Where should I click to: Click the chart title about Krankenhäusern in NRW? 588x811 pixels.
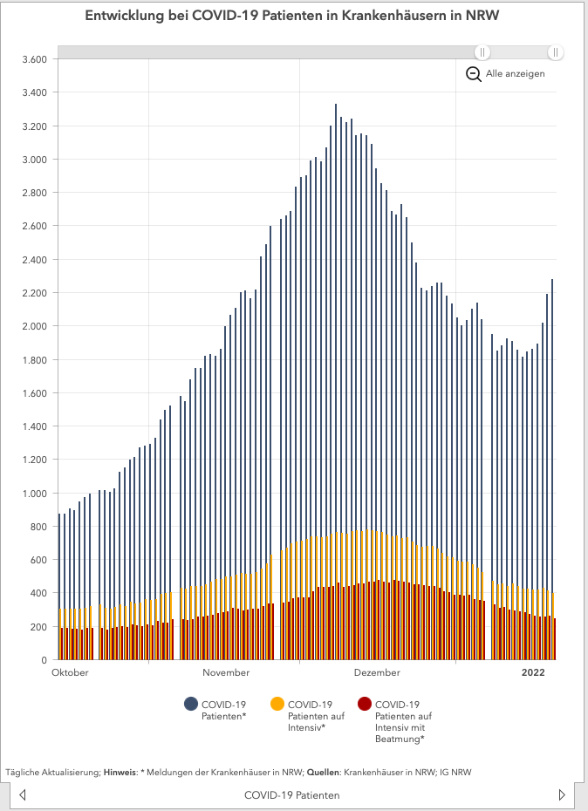click(292, 17)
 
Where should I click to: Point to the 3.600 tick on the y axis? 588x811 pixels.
click(33, 59)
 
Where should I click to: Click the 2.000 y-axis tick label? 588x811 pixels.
click(33, 326)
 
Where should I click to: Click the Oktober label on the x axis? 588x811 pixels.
click(71, 673)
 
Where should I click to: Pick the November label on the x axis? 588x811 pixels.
click(226, 673)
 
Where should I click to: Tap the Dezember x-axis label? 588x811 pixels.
click(377, 673)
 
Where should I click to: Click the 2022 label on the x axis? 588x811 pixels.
click(533, 673)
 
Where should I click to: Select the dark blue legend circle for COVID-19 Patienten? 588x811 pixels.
click(191, 705)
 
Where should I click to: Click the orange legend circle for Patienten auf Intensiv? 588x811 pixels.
click(277, 705)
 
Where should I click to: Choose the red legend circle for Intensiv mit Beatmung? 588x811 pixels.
click(365, 705)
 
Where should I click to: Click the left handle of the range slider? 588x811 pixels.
click(482, 52)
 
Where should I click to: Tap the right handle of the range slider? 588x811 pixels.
click(555, 52)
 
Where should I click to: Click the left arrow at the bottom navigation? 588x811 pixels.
click(23, 795)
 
